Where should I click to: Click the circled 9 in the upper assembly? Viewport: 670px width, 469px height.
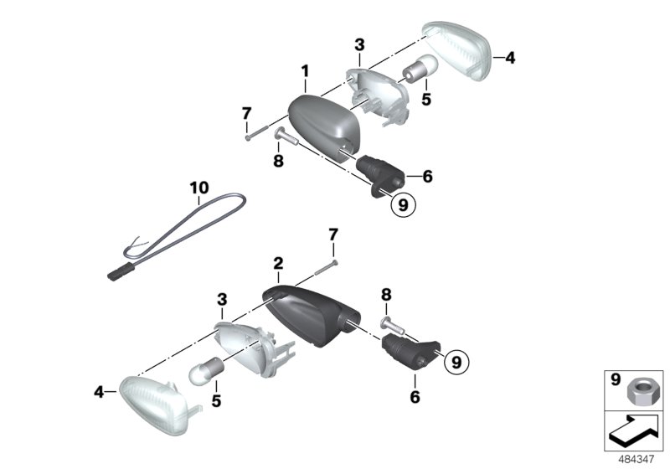[x=403, y=204]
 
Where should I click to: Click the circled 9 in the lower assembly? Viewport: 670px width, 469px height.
[x=456, y=362]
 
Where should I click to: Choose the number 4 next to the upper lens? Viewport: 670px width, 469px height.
[x=509, y=58]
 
